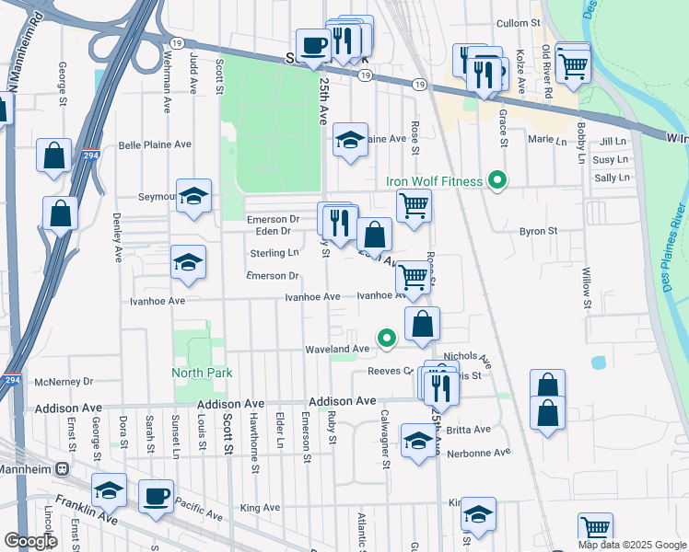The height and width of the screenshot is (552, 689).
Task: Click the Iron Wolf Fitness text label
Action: [434, 181]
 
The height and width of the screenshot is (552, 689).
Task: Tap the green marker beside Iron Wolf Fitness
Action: [498, 180]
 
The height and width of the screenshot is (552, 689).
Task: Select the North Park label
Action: [202, 373]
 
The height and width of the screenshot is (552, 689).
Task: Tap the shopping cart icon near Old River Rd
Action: [573, 64]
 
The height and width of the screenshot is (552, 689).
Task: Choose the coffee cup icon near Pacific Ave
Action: [155, 498]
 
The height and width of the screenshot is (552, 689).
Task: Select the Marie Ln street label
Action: [547, 140]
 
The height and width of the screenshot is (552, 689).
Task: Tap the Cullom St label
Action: [517, 23]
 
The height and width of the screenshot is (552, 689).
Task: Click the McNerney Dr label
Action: [64, 381]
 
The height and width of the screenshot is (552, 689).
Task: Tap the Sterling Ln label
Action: [274, 253]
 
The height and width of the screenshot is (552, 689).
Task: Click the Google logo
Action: [30, 541]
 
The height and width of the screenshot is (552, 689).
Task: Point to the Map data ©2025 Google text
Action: [632, 545]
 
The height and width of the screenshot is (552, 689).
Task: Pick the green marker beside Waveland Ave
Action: [388, 339]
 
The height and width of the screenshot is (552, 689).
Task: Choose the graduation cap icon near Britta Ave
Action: [418, 443]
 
